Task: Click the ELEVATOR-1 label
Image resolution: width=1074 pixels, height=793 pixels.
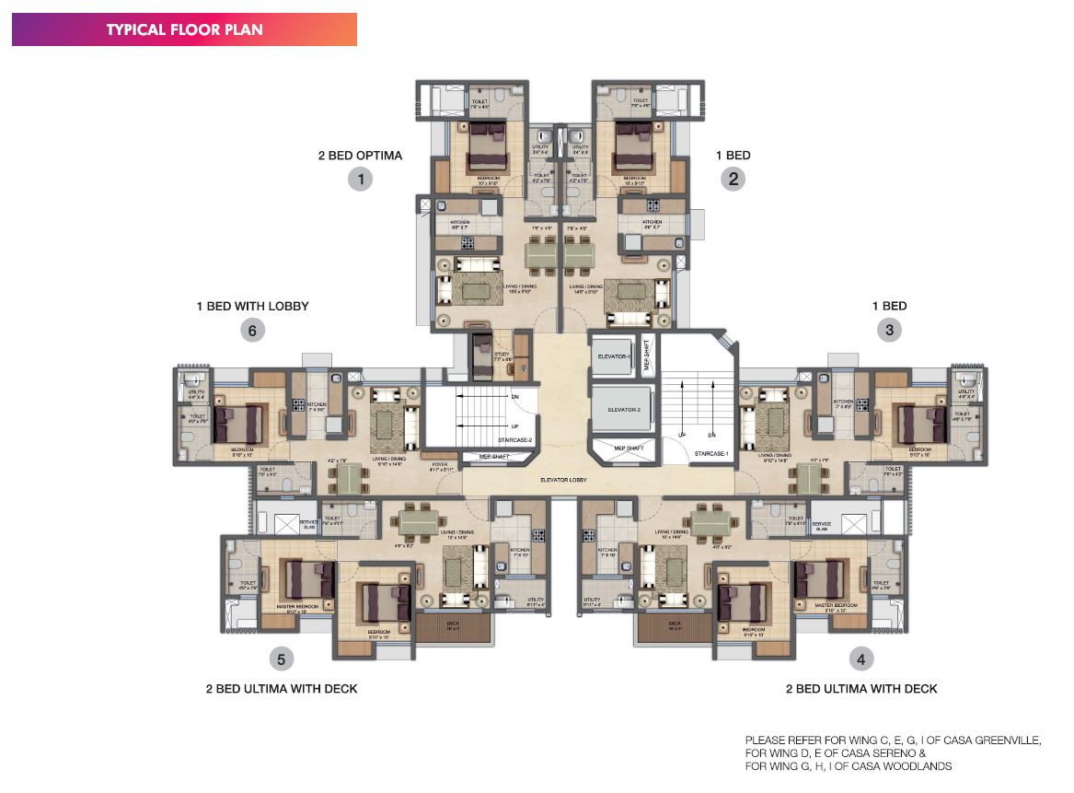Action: point(612,356)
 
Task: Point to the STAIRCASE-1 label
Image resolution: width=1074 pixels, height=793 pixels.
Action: point(711,453)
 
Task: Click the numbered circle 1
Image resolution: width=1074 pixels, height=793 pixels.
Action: point(360,179)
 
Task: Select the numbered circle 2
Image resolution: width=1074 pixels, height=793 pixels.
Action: point(733,179)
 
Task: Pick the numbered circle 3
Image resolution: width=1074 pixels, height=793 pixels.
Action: point(889,330)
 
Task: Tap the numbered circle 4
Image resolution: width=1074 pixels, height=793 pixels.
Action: point(860,659)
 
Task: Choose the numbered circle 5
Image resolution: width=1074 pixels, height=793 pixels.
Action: point(282,659)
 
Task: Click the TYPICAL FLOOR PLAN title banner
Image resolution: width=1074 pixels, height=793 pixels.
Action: point(184,29)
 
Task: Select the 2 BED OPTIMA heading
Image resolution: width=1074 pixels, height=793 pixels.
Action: point(360,155)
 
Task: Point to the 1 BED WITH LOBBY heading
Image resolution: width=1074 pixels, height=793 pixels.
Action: point(251,306)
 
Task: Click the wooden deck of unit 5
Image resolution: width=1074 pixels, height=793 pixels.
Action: point(453,629)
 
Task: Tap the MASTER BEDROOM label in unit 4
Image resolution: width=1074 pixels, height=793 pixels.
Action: point(835,605)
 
